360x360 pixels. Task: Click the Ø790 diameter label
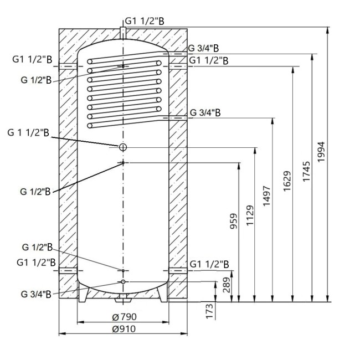tap(124, 317)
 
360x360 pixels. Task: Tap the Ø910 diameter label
tap(124, 328)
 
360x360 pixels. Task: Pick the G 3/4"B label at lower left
tap(36, 294)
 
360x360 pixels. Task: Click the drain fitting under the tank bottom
tap(123, 301)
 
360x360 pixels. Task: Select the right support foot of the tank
tap(161, 295)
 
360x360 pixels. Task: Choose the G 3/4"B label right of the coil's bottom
tap(205, 112)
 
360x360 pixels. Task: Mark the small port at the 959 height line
tap(122, 163)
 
